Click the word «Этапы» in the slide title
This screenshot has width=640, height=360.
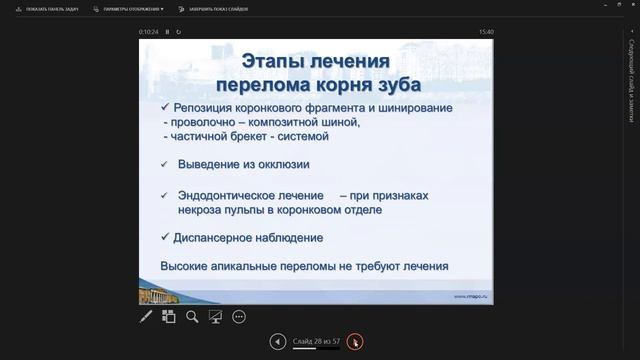click(x=250, y=62)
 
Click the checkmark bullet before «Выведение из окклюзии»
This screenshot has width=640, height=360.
click(x=165, y=164)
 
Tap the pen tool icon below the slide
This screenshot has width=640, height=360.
click(x=146, y=317)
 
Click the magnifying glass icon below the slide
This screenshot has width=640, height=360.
click(x=192, y=317)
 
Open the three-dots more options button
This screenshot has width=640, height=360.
click(x=239, y=317)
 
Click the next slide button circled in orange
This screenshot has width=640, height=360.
click(x=355, y=342)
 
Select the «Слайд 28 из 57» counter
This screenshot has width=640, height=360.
click(x=316, y=342)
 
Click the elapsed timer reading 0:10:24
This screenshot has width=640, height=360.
click(x=151, y=32)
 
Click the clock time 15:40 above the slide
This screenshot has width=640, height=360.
click(x=486, y=32)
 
